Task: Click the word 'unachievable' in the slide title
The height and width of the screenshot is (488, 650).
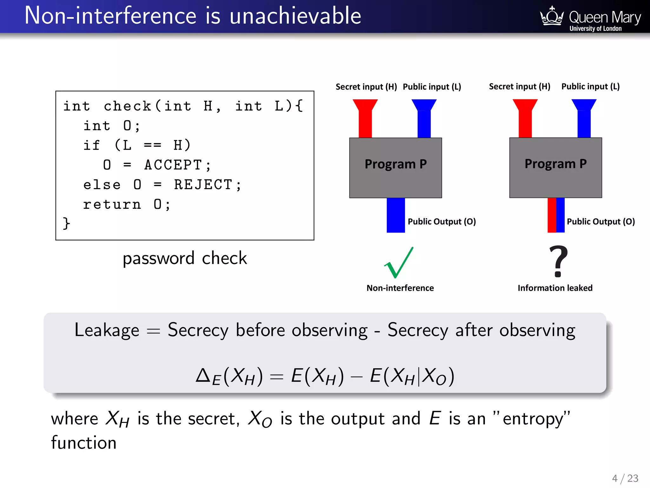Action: click(x=295, y=16)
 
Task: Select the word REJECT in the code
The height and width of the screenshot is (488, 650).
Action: click(x=203, y=185)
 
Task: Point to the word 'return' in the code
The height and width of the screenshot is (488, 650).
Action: click(x=112, y=205)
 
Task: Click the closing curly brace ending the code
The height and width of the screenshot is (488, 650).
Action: click(x=66, y=223)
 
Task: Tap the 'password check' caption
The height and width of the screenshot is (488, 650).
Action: click(x=185, y=258)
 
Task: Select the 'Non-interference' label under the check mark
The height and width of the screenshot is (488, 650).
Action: click(x=400, y=288)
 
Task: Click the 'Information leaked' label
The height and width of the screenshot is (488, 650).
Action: click(x=555, y=288)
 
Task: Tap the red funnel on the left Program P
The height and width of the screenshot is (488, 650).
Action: click(x=365, y=118)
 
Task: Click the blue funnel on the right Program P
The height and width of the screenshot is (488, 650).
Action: click(x=584, y=118)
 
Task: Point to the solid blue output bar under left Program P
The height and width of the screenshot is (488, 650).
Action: click(x=395, y=215)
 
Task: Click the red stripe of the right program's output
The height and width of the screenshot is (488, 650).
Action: click(x=552, y=215)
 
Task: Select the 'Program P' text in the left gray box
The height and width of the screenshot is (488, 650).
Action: click(x=395, y=164)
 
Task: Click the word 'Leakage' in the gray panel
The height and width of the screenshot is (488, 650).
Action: click(x=107, y=330)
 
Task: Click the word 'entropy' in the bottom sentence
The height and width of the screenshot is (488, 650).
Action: click(x=533, y=419)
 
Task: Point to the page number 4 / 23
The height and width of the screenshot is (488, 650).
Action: click(x=625, y=478)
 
